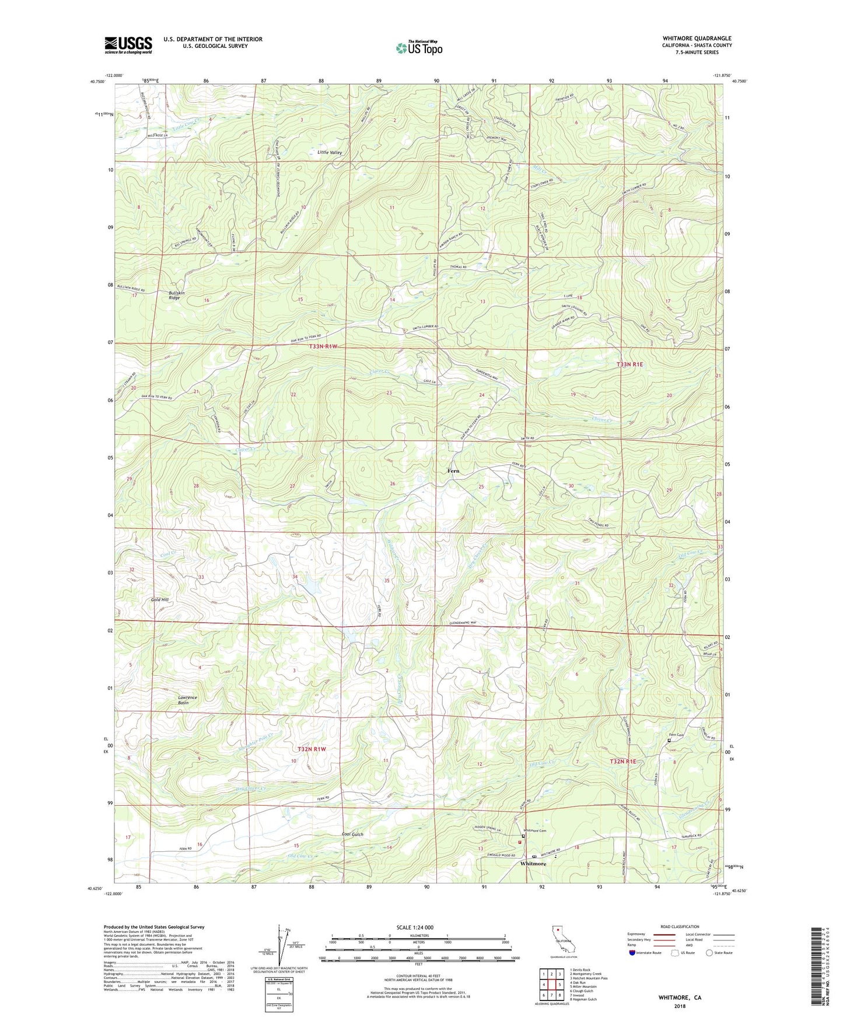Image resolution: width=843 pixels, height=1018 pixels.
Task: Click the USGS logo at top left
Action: [128, 45]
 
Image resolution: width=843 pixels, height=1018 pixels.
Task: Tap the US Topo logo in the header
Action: [419, 48]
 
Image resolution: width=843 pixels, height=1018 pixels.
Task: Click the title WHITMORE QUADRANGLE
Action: [697, 38]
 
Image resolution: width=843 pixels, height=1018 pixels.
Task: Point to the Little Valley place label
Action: [330, 152]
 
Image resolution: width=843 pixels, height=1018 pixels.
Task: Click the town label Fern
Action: [453, 471]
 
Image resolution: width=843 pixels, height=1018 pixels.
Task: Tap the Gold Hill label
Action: [160, 599]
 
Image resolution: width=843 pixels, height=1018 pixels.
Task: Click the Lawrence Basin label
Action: [187, 700]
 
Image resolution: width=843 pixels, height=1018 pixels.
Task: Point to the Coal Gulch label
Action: [352, 834]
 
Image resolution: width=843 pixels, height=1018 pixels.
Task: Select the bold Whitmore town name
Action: [533, 863]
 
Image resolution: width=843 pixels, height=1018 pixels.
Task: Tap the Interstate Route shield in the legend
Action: [634, 953]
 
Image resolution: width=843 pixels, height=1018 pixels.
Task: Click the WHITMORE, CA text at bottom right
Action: [680, 998]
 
